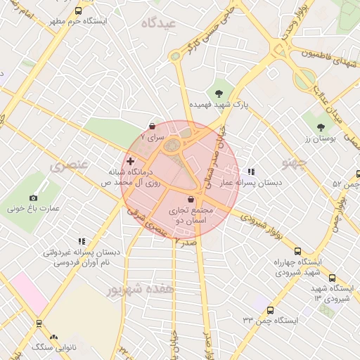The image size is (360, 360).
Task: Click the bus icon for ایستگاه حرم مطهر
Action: [77, 11]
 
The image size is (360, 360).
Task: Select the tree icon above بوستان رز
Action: [321, 127]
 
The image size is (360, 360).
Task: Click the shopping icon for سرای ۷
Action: [153, 126]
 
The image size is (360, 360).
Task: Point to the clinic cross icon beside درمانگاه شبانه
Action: [130, 162]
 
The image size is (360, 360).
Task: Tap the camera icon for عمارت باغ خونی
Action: [33, 198]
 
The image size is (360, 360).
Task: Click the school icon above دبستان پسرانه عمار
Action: [251, 172]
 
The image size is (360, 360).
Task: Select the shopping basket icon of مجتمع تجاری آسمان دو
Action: [191, 200]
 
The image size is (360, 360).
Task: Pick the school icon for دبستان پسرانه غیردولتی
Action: [82, 241]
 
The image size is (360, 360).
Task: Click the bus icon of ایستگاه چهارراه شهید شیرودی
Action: [297, 251]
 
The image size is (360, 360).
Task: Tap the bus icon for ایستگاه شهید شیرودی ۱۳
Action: [333, 278]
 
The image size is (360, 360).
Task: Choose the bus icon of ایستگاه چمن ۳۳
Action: [270, 309]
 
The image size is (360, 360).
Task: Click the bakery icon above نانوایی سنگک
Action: [54, 337]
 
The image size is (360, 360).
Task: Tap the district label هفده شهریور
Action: [134, 288]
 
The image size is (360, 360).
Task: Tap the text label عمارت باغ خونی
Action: [32, 210]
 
